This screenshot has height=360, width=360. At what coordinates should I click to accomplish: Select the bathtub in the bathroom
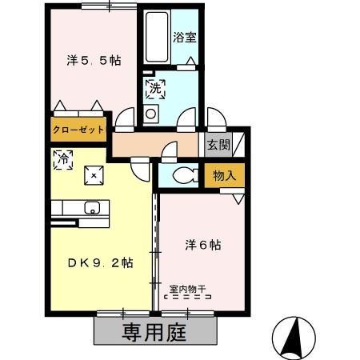click(x=154, y=36)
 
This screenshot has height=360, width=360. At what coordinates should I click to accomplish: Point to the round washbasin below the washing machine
click(x=150, y=113)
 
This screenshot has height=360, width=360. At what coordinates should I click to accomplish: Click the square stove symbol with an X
click(x=94, y=174)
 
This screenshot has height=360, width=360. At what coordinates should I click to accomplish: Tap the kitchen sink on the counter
click(x=93, y=209)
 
